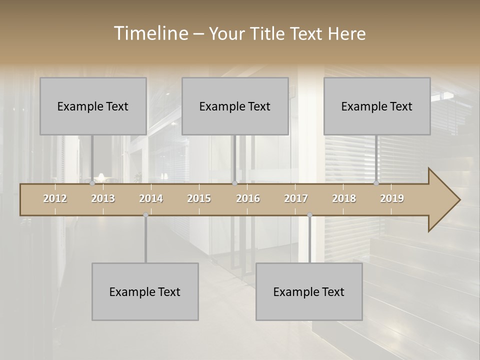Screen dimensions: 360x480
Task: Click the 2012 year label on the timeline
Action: point(55,198)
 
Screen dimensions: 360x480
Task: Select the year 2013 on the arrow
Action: point(103,198)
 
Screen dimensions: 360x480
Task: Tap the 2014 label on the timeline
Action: point(151,198)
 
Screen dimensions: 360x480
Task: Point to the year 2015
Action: point(199,198)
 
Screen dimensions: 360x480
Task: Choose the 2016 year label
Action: point(248,198)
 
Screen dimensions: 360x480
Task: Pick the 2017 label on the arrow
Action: point(296,198)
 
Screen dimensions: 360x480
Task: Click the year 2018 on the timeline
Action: point(344,198)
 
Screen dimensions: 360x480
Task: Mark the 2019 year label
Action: point(392,198)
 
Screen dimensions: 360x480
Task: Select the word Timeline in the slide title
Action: point(150,33)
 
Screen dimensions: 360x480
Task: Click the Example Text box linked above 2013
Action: point(93,106)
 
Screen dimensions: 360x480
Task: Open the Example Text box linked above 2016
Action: point(235,106)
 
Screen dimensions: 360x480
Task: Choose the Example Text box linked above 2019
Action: point(377,106)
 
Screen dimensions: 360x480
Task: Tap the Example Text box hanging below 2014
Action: point(145,291)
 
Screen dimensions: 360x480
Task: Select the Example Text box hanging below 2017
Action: point(309,291)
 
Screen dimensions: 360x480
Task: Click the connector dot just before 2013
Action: point(92,183)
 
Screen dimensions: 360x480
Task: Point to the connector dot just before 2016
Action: point(234,183)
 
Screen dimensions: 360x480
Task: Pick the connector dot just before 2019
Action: point(376,183)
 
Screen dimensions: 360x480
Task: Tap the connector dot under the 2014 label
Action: point(145,215)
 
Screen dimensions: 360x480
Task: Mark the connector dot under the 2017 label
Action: point(309,215)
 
